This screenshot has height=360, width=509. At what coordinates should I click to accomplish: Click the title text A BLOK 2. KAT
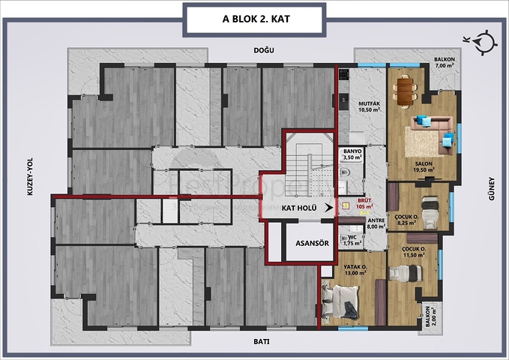pyautogui.click(x=254, y=19)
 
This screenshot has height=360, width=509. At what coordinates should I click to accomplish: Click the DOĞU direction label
pyautogui.click(x=264, y=50)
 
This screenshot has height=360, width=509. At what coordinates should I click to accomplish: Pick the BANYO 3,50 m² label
pyautogui.click(x=352, y=154)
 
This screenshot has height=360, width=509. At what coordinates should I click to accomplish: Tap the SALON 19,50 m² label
pyautogui.click(x=425, y=166)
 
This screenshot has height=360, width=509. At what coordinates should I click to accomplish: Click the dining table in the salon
pyautogui.click(x=406, y=90)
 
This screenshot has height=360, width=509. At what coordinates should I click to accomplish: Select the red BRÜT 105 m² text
pyautogui.click(x=364, y=204)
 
